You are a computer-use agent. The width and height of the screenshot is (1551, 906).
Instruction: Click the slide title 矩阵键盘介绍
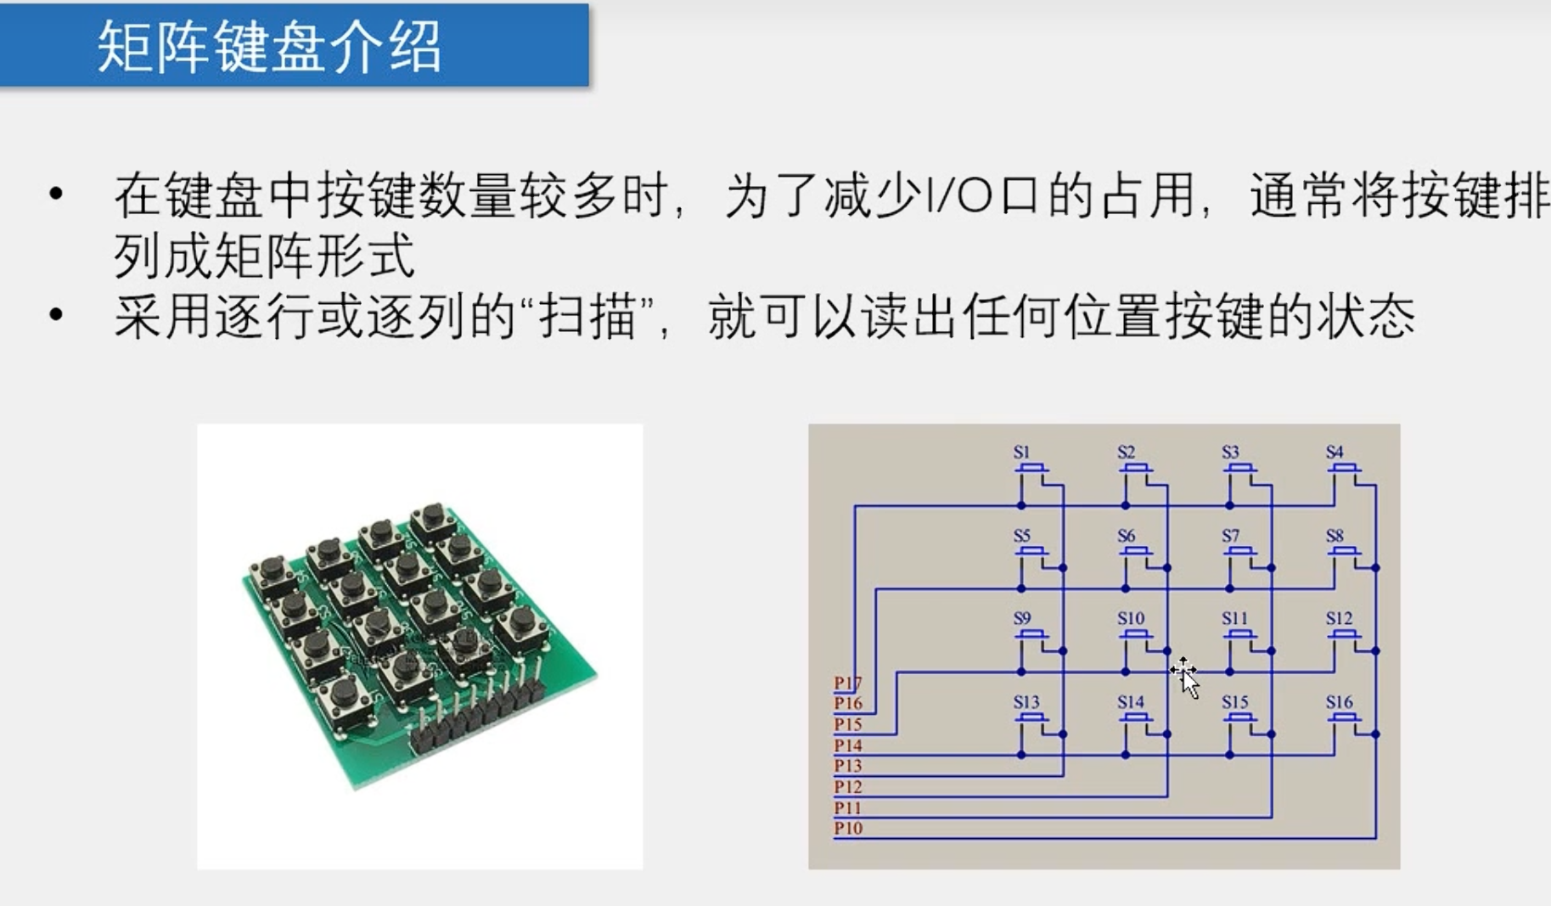(270, 46)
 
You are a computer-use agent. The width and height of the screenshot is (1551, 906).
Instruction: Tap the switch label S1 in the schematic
(1021, 453)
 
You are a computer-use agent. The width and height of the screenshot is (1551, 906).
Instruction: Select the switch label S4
(1335, 453)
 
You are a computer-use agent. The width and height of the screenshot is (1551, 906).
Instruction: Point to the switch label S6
(1126, 536)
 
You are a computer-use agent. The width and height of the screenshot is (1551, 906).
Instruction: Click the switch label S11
(1234, 619)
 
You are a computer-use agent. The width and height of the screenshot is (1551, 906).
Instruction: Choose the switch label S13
(1026, 702)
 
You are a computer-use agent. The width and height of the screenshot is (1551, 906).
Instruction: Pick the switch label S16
(1339, 702)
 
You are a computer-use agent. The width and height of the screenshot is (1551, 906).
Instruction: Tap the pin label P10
(847, 829)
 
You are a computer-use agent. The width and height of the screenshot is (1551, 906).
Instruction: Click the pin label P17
(847, 683)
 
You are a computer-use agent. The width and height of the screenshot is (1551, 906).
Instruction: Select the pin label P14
(847, 746)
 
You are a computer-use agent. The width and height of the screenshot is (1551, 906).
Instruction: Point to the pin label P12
(847, 787)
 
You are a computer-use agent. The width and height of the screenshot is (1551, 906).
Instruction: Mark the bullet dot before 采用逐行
(56, 316)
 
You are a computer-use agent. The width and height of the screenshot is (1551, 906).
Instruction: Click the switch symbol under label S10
(1135, 636)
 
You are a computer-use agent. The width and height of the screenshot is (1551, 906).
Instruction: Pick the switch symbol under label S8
(1343, 553)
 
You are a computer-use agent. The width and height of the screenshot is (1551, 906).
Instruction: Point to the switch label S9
(1021, 619)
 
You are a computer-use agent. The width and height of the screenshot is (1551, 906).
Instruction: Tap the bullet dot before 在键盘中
(56, 194)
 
